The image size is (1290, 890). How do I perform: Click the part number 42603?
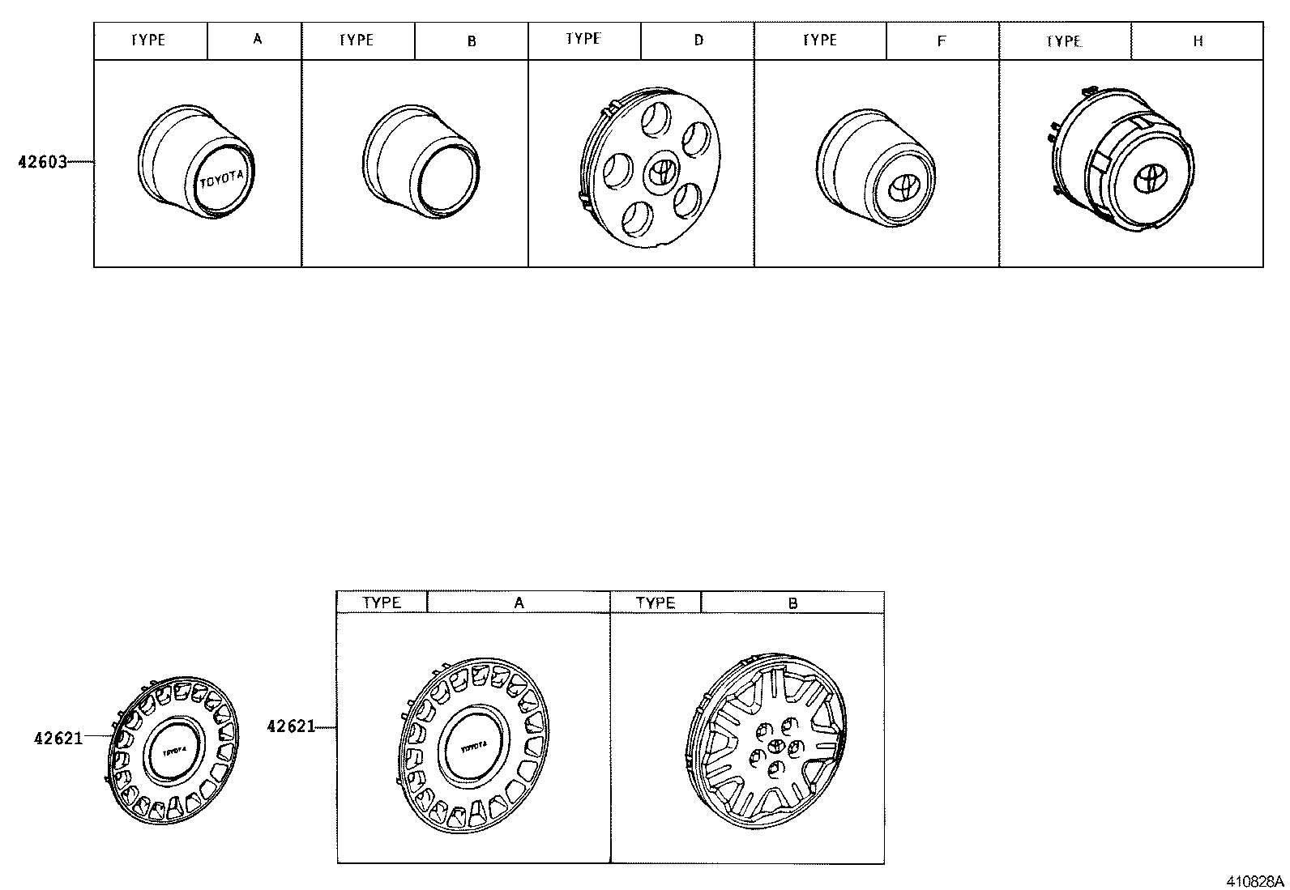point(43,162)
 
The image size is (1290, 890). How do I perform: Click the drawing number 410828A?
point(1255,881)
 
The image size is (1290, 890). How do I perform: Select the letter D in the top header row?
point(698,40)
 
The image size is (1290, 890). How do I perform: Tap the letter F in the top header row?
point(941,40)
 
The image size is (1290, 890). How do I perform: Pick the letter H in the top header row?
point(1198,40)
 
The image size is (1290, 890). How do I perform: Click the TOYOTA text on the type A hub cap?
point(222,179)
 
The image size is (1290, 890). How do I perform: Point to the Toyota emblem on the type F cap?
point(902,188)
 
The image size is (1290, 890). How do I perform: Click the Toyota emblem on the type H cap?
point(1150,178)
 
